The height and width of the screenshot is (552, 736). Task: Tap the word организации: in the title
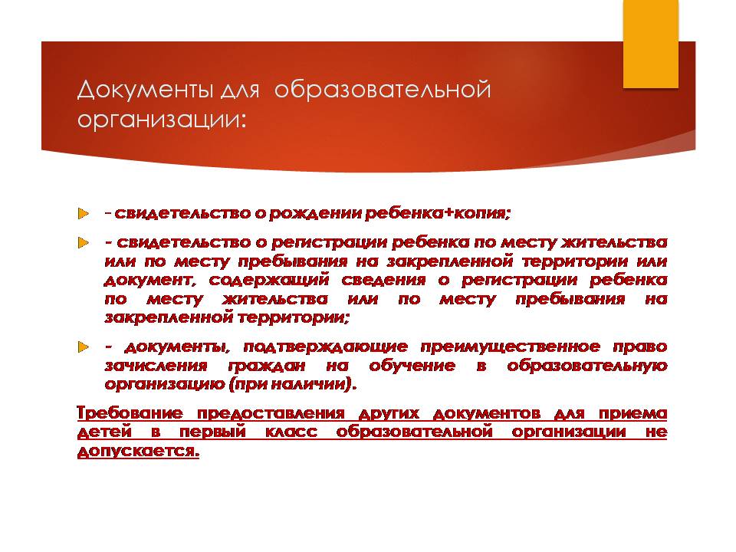162,120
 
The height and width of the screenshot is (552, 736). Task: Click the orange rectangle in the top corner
651,44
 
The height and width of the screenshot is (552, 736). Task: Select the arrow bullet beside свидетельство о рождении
84,214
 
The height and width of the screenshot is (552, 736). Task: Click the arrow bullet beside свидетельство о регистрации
84,243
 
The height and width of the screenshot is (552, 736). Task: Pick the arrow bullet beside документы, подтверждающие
84,347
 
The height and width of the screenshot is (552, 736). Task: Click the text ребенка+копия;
438,214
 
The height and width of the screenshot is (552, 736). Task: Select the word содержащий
269,281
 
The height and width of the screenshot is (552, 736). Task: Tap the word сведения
384,281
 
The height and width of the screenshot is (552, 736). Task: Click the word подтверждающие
325,347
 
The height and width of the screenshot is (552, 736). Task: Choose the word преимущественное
511,347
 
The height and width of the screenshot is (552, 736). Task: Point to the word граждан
267,366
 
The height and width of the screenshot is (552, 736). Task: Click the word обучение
412,366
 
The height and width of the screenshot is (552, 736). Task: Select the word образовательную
587,366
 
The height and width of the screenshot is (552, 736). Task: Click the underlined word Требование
130,413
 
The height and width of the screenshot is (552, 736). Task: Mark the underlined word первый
213,432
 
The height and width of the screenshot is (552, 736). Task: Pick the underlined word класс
291,432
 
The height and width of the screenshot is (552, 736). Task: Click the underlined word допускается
138,451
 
